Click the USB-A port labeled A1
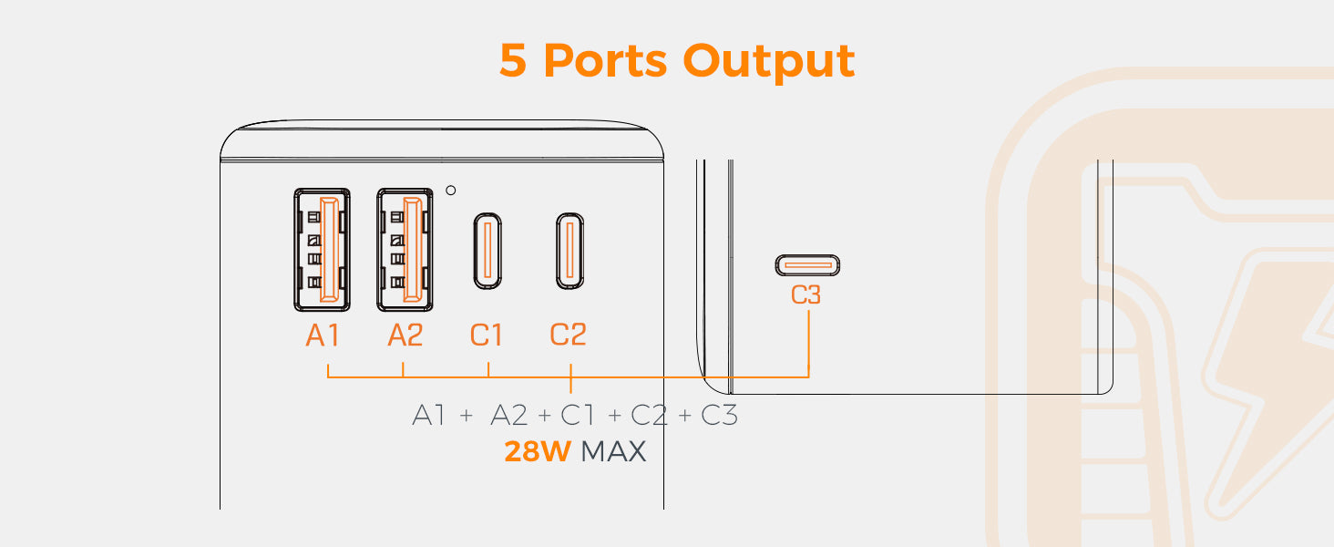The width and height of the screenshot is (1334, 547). click(x=322, y=248)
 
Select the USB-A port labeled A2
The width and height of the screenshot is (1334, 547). click(x=405, y=248)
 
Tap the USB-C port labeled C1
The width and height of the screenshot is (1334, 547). click(x=487, y=249)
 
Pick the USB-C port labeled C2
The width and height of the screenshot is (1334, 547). click(x=570, y=249)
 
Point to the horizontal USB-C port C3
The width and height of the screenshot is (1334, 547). click(x=807, y=265)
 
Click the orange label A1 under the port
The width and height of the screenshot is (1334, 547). click(x=323, y=335)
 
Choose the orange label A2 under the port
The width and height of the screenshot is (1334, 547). click(x=405, y=335)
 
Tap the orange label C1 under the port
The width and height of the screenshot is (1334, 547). click(x=487, y=335)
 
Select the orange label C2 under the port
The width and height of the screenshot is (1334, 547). click(x=569, y=335)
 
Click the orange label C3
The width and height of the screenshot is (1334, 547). click(x=807, y=296)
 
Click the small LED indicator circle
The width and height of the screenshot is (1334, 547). click(x=450, y=190)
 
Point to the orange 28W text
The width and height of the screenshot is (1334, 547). click(x=537, y=451)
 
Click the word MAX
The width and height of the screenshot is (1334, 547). click(x=613, y=451)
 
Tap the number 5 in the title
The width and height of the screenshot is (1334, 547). click(x=513, y=61)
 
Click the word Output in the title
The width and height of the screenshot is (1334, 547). click(x=770, y=61)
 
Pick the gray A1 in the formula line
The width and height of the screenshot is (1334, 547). click(x=429, y=416)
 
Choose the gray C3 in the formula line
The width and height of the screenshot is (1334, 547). click(x=719, y=416)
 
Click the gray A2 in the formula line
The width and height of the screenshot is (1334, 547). click(x=509, y=416)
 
